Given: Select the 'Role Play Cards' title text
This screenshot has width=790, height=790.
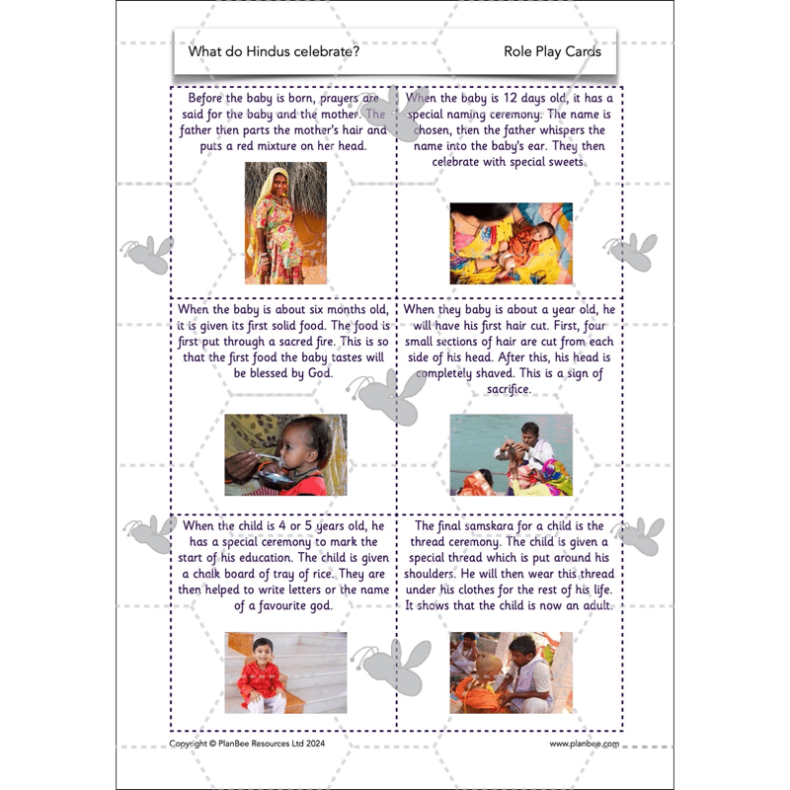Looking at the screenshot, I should click(552, 51).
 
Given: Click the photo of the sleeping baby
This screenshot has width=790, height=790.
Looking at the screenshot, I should click(511, 244).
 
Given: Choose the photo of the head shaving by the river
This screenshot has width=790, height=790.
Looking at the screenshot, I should click(511, 454).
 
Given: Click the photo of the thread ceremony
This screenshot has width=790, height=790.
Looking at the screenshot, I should click(511, 672).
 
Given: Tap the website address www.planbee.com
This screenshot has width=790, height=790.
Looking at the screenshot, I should click(585, 744).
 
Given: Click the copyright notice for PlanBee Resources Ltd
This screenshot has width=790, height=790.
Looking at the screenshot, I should click(247, 744).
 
